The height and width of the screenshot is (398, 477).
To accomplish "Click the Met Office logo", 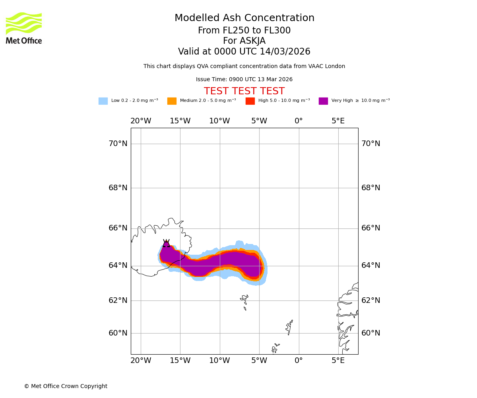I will [24, 28].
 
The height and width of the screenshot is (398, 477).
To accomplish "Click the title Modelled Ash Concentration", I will [244, 18].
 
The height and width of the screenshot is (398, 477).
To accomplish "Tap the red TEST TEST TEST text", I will [244, 92].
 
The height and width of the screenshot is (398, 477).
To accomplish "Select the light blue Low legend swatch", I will [103, 101].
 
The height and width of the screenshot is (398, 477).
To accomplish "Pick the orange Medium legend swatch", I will [172, 101].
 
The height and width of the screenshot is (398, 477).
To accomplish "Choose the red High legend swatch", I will [250, 101].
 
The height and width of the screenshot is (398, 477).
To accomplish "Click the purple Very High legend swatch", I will [323, 101].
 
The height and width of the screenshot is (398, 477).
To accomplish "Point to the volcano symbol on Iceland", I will [166, 244].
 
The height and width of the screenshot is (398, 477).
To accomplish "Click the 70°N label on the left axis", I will [118, 144].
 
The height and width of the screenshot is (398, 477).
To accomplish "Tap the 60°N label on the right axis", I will [370, 333].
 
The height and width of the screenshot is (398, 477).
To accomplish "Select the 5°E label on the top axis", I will [338, 121].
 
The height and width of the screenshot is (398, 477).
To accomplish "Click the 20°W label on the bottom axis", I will [141, 361].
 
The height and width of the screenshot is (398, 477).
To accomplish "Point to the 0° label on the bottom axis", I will [299, 361].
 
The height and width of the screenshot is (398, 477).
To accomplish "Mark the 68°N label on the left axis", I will [118, 188].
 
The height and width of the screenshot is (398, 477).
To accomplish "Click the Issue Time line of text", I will [244, 80].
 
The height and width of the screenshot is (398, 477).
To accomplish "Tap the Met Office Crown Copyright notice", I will [66, 386].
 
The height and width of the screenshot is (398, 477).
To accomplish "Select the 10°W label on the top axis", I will [219, 121].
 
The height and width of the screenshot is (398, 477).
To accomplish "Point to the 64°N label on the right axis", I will [370, 265].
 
